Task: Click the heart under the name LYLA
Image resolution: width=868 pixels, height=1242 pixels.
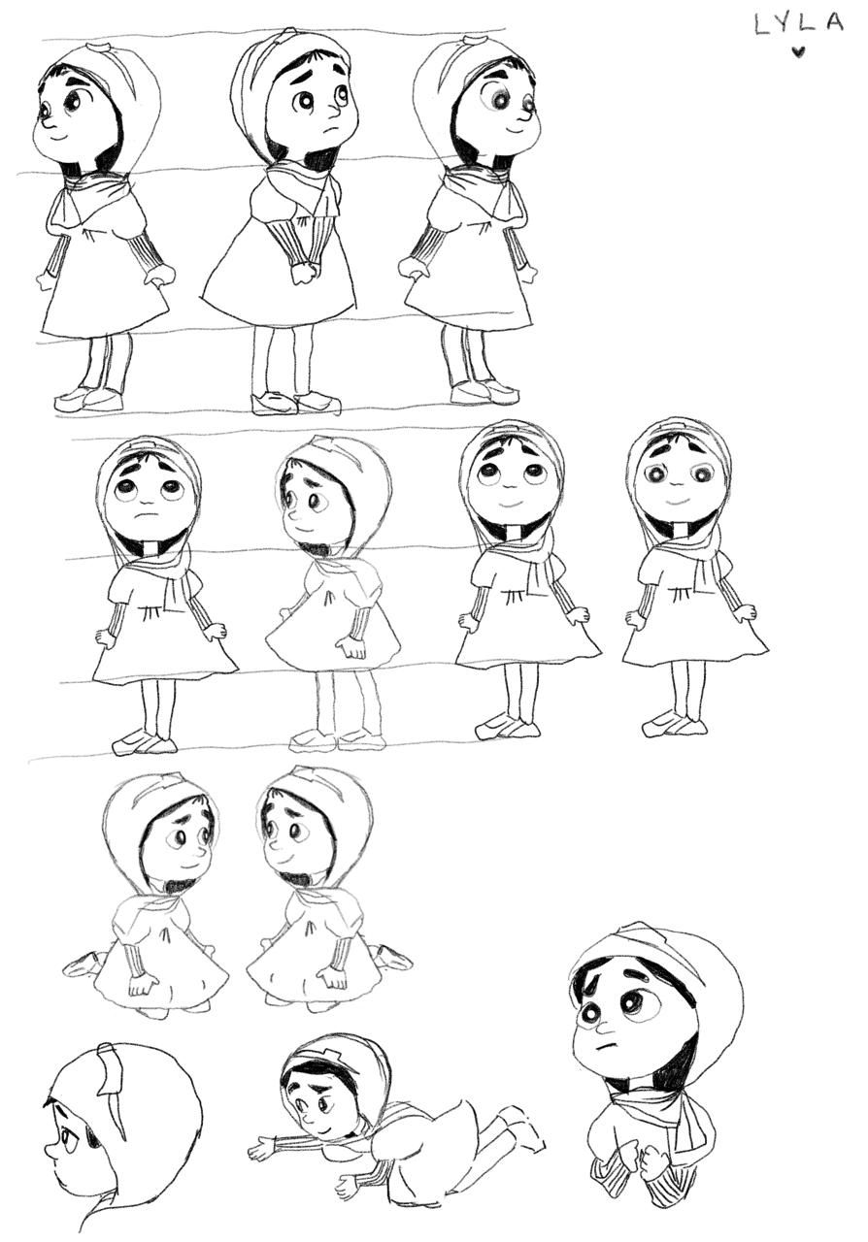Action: click(x=798, y=52)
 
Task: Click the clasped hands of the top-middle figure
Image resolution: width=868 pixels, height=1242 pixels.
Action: click(x=304, y=272)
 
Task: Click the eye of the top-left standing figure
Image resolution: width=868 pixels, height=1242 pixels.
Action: click(x=73, y=102)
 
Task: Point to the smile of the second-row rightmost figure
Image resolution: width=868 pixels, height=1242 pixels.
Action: click(x=676, y=503)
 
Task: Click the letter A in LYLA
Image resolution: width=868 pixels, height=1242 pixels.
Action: click(x=832, y=22)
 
